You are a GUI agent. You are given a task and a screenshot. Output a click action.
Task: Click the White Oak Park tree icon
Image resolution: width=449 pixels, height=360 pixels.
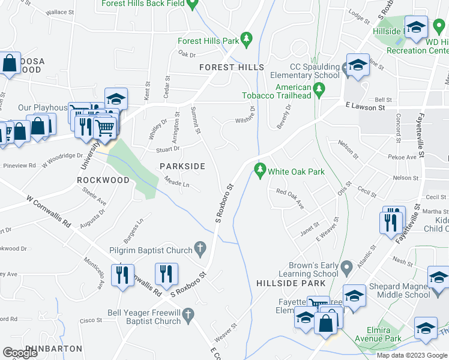point(260,171)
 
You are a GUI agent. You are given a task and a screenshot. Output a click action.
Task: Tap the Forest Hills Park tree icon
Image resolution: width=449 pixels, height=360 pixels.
point(246,40)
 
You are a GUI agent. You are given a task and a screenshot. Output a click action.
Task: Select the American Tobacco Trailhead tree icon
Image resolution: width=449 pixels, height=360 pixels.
point(319,91)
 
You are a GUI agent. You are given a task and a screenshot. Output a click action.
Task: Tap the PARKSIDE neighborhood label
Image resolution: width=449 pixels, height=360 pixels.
point(182,166)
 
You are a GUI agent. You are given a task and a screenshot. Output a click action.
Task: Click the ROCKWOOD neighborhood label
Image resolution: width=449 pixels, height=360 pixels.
point(103,180)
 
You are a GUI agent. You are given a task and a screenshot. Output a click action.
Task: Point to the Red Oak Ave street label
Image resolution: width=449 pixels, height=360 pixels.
point(291,199)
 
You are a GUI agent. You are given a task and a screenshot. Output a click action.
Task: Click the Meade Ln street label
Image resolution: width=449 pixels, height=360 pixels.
point(176,182)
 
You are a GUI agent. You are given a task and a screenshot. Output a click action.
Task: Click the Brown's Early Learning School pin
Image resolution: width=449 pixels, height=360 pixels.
point(346,266)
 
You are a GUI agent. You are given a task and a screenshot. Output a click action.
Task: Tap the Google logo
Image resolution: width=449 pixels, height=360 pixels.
point(20,353)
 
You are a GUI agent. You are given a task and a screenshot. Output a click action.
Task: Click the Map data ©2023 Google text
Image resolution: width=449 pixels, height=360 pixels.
point(411,355)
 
